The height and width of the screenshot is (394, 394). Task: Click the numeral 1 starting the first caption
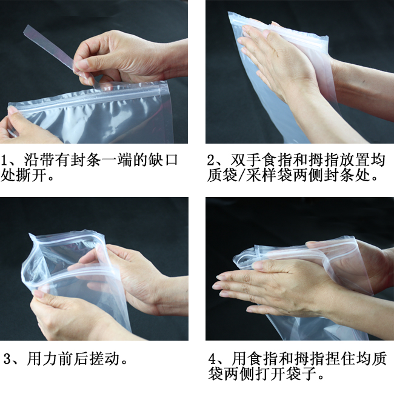click(4, 160)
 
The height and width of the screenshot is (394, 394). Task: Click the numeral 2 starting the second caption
click(210, 160)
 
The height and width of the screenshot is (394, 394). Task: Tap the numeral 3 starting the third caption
click(7, 359)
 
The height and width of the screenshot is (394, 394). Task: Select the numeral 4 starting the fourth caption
click(212, 359)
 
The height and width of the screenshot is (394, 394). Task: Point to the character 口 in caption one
click(172, 160)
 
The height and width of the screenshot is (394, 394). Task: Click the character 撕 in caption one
click(24, 175)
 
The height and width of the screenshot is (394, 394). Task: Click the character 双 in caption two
click(238, 160)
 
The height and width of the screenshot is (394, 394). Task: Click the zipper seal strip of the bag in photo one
click(85, 99)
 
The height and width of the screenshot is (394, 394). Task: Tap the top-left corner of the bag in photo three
click(30, 234)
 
